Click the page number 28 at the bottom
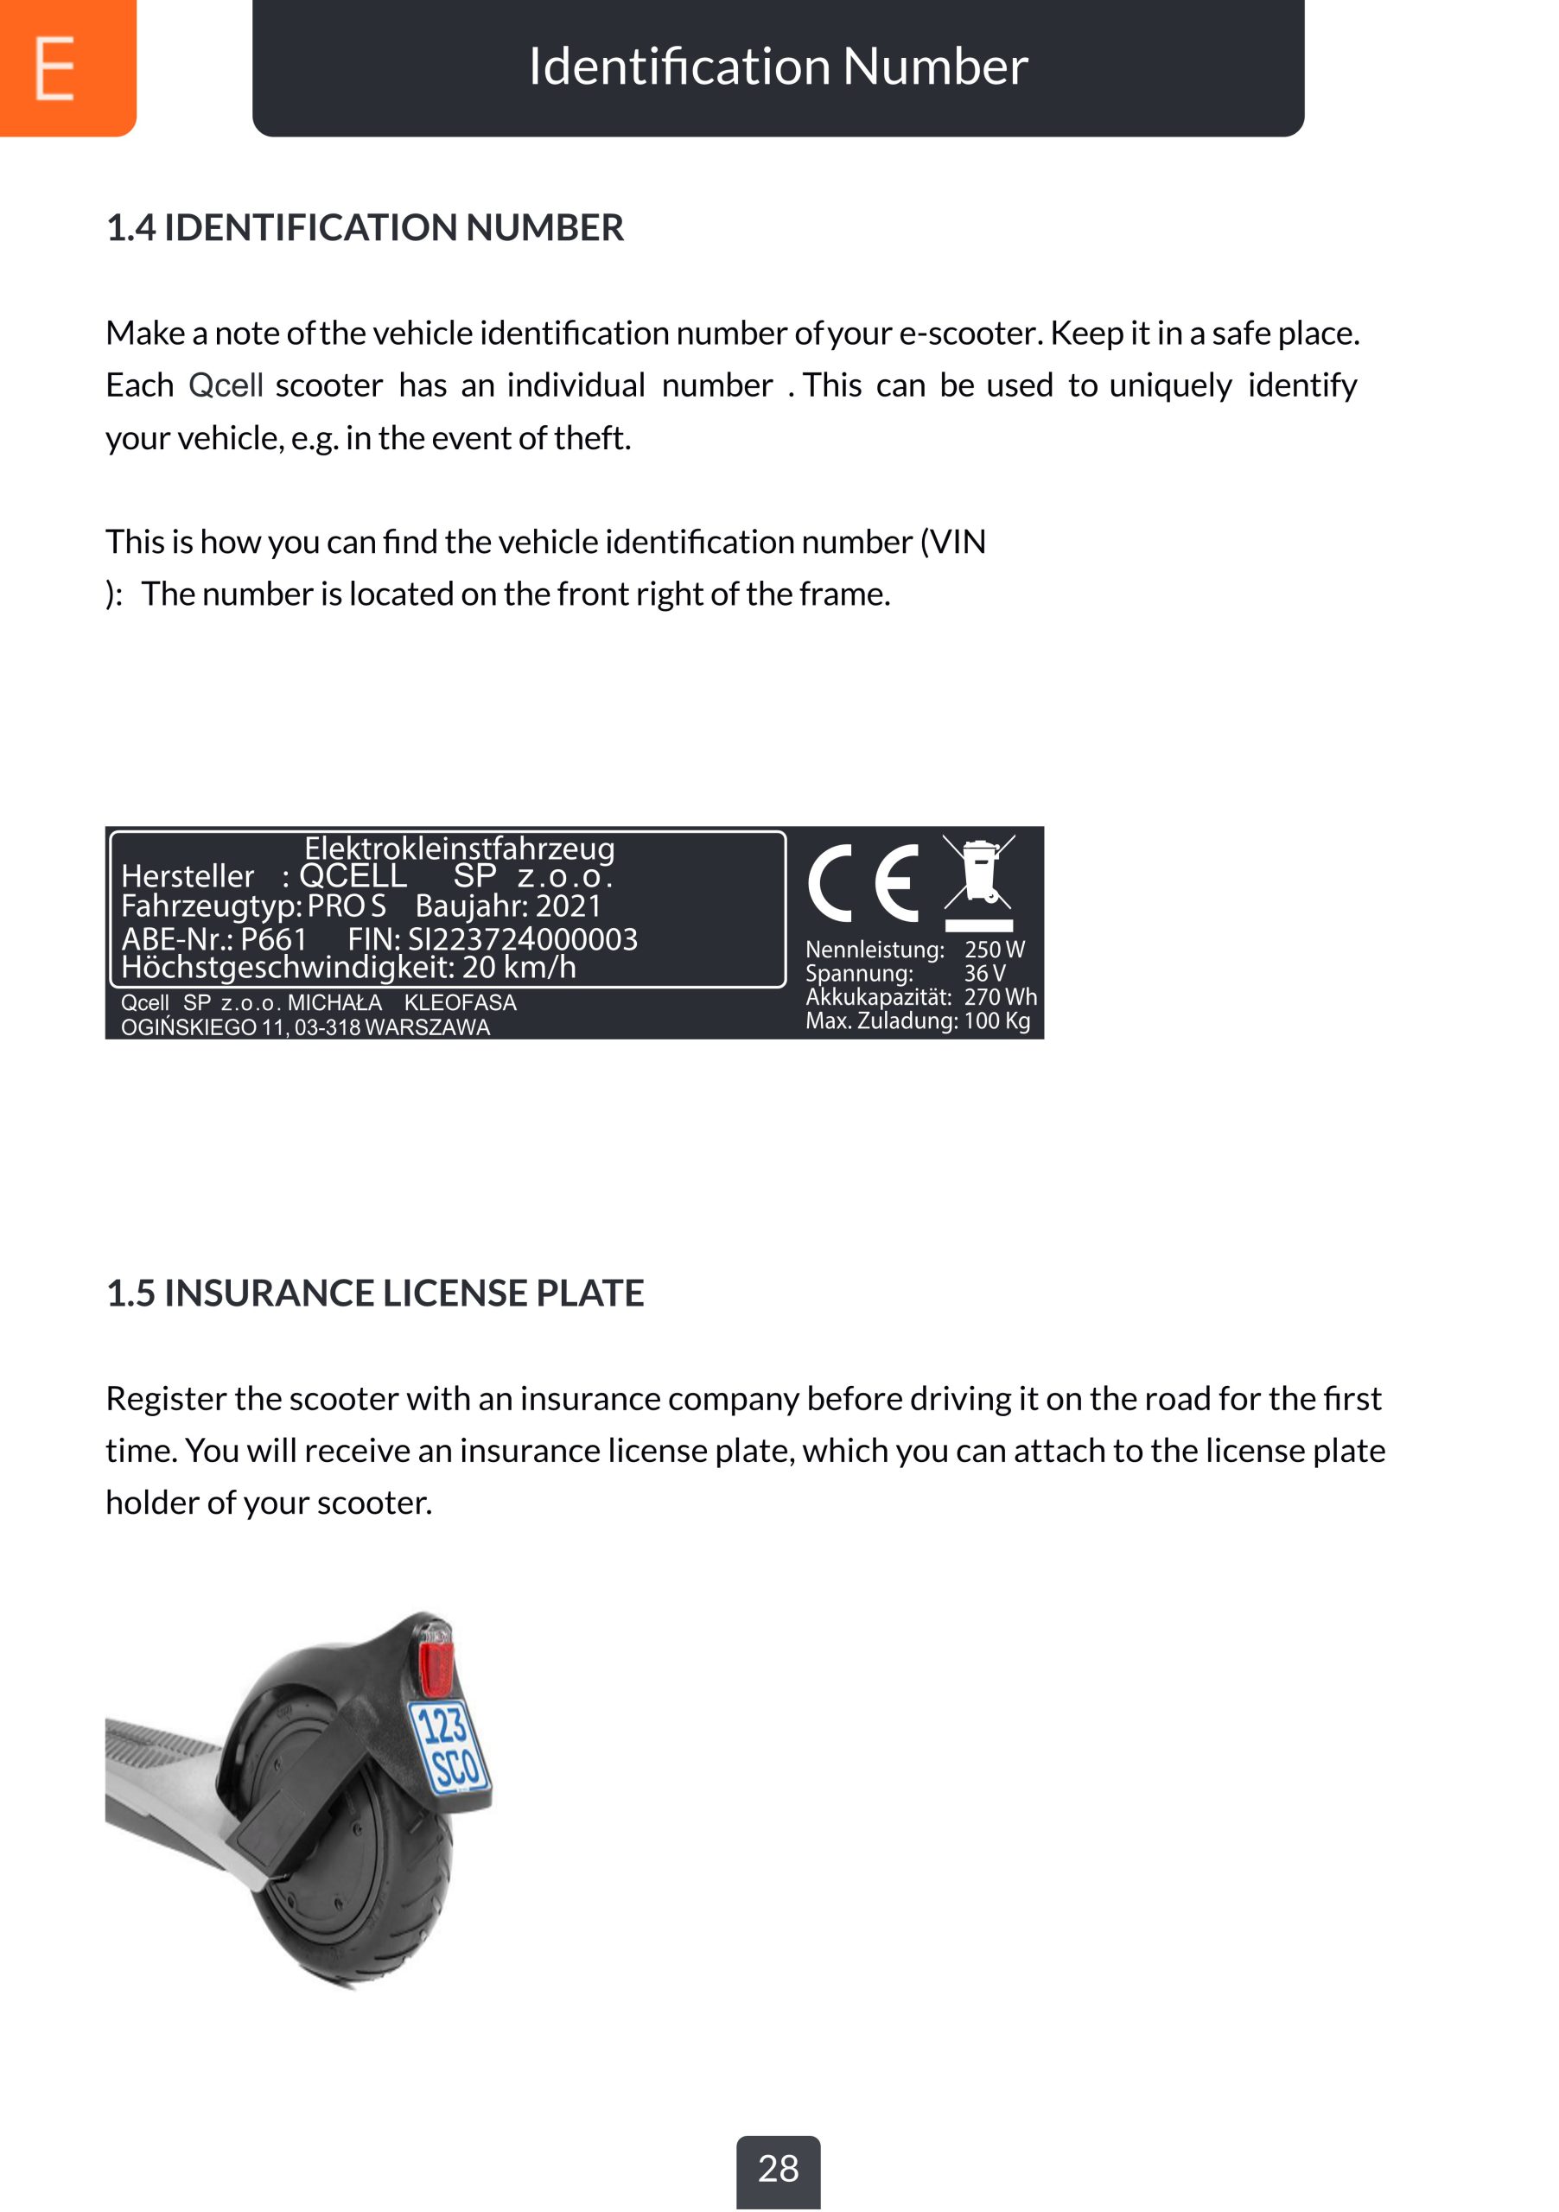(x=778, y=2169)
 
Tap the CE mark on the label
(x=862, y=882)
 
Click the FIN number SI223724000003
(x=522, y=939)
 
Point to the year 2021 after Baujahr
(x=568, y=906)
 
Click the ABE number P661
(x=274, y=939)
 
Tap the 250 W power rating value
(x=995, y=950)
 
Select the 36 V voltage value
(x=983, y=973)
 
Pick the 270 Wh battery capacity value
(x=1000, y=997)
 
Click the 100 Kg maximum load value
(x=996, y=1020)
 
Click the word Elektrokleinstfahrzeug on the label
(x=460, y=848)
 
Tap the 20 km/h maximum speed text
(x=519, y=966)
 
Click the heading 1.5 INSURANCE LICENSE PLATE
(x=375, y=1293)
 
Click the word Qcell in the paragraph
(x=226, y=385)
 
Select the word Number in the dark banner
(x=935, y=67)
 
